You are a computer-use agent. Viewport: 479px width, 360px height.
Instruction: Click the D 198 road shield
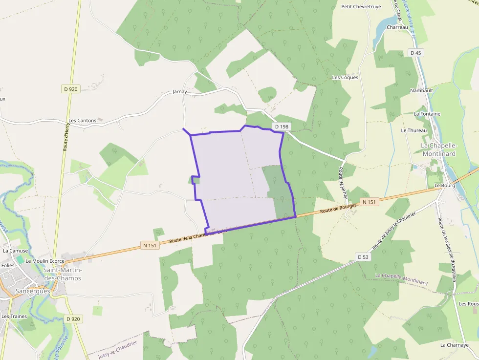click(282, 127)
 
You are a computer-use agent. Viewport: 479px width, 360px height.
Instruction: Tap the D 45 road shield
click(416, 53)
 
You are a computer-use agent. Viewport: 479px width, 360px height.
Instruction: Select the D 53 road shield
click(363, 257)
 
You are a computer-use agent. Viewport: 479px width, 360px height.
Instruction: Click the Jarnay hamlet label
click(180, 92)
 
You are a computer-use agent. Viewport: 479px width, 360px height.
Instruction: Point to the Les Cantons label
click(82, 121)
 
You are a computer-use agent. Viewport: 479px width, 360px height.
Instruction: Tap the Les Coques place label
click(345, 78)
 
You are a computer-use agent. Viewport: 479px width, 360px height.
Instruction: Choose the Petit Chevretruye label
click(361, 7)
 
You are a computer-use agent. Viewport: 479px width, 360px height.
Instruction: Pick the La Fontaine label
click(427, 114)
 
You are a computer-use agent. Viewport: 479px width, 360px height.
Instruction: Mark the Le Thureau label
click(414, 130)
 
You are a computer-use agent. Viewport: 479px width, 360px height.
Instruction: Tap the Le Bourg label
click(444, 186)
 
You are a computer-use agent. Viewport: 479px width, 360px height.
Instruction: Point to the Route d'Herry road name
click(66, 135)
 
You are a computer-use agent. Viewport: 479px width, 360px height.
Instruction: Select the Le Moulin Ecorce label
click(45, 261)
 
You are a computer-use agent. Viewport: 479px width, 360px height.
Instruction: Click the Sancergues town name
click(33, 291)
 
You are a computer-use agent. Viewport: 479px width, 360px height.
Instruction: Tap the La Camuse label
click(16, 251)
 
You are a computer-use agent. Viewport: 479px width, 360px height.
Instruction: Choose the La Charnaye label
click(454, 345)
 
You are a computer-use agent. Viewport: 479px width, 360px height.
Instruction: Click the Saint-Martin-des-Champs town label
click(63, 274)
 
